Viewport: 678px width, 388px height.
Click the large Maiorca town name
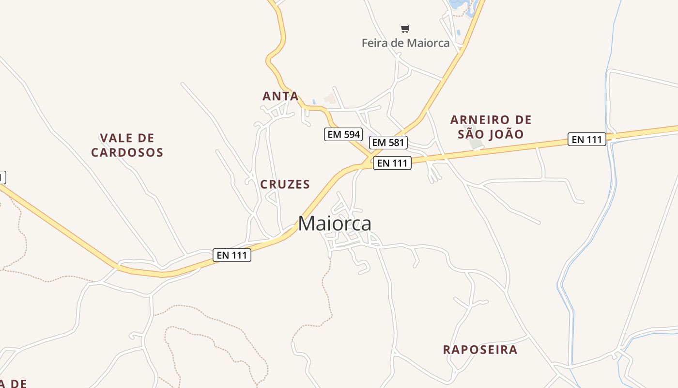tap(335, 224)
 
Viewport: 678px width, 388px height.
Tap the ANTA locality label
tap(280, 96)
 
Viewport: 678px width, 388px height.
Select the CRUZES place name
tap(285, 184)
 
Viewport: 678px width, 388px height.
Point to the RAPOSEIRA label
tap(480, 350)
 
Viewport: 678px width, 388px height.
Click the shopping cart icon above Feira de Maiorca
tap(405, 29)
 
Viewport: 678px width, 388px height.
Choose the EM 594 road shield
tap(343, 134)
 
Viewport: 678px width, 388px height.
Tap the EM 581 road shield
tap(388, 143)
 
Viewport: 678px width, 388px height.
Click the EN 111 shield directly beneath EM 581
tap(392, 163)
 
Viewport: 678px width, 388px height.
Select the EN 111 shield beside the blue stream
tap(586, 140)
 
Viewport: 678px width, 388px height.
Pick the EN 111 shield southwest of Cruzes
tap(231, 255)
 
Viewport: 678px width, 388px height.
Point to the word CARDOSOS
tap(127, 153)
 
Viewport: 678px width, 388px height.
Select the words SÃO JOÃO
tap(491, 134)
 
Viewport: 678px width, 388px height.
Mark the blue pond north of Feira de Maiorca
tap(458, 5)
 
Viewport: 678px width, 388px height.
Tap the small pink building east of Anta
tap(331, 98)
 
